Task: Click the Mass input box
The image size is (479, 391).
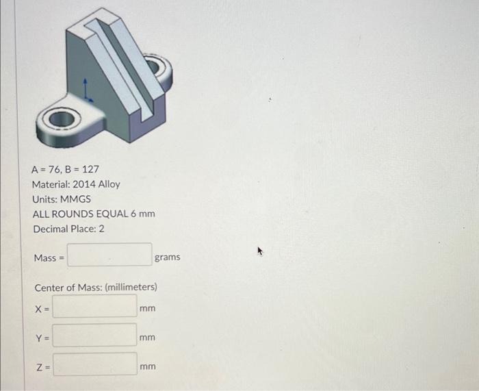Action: point(109,255)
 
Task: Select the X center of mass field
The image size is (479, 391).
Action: point(95,307)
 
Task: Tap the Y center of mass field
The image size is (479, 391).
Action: point(95,336)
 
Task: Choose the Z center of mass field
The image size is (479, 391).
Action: point(95,365)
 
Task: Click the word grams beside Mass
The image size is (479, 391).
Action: point(168,257)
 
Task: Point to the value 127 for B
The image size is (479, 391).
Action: point(90,168)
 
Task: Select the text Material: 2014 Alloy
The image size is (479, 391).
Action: point(75,184)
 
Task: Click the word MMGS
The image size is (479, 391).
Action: point(76,199)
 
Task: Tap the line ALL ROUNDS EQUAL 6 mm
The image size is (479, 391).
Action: point(93,214)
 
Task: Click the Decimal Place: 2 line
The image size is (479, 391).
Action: point(68,229)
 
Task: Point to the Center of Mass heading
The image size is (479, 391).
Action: point(96,286)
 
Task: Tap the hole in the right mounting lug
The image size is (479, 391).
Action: point(159,68)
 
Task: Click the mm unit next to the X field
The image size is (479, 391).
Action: point(147,308)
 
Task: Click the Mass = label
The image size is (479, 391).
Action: point(49,257)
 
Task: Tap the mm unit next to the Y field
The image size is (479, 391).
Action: point(147,338)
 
